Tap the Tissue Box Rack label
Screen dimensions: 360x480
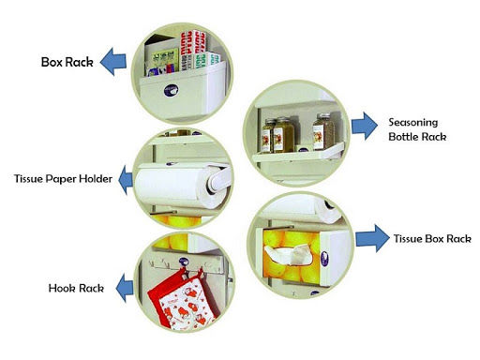[431, 239]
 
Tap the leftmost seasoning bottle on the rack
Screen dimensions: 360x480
[269, 136]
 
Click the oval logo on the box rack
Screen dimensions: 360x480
[170, 92]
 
